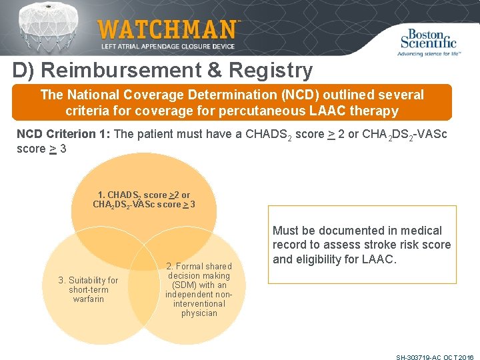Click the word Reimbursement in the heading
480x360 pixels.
click(x=125, y=70)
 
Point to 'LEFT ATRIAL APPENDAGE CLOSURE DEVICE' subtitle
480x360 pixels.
click(x=167, y=47)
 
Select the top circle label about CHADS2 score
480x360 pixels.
click(x=144, y=199)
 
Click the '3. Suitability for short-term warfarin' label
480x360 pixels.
click(x=89, y=289)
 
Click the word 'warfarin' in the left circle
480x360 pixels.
click(x=89, y=299)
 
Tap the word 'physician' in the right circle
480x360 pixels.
click(x=199, y=313)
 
